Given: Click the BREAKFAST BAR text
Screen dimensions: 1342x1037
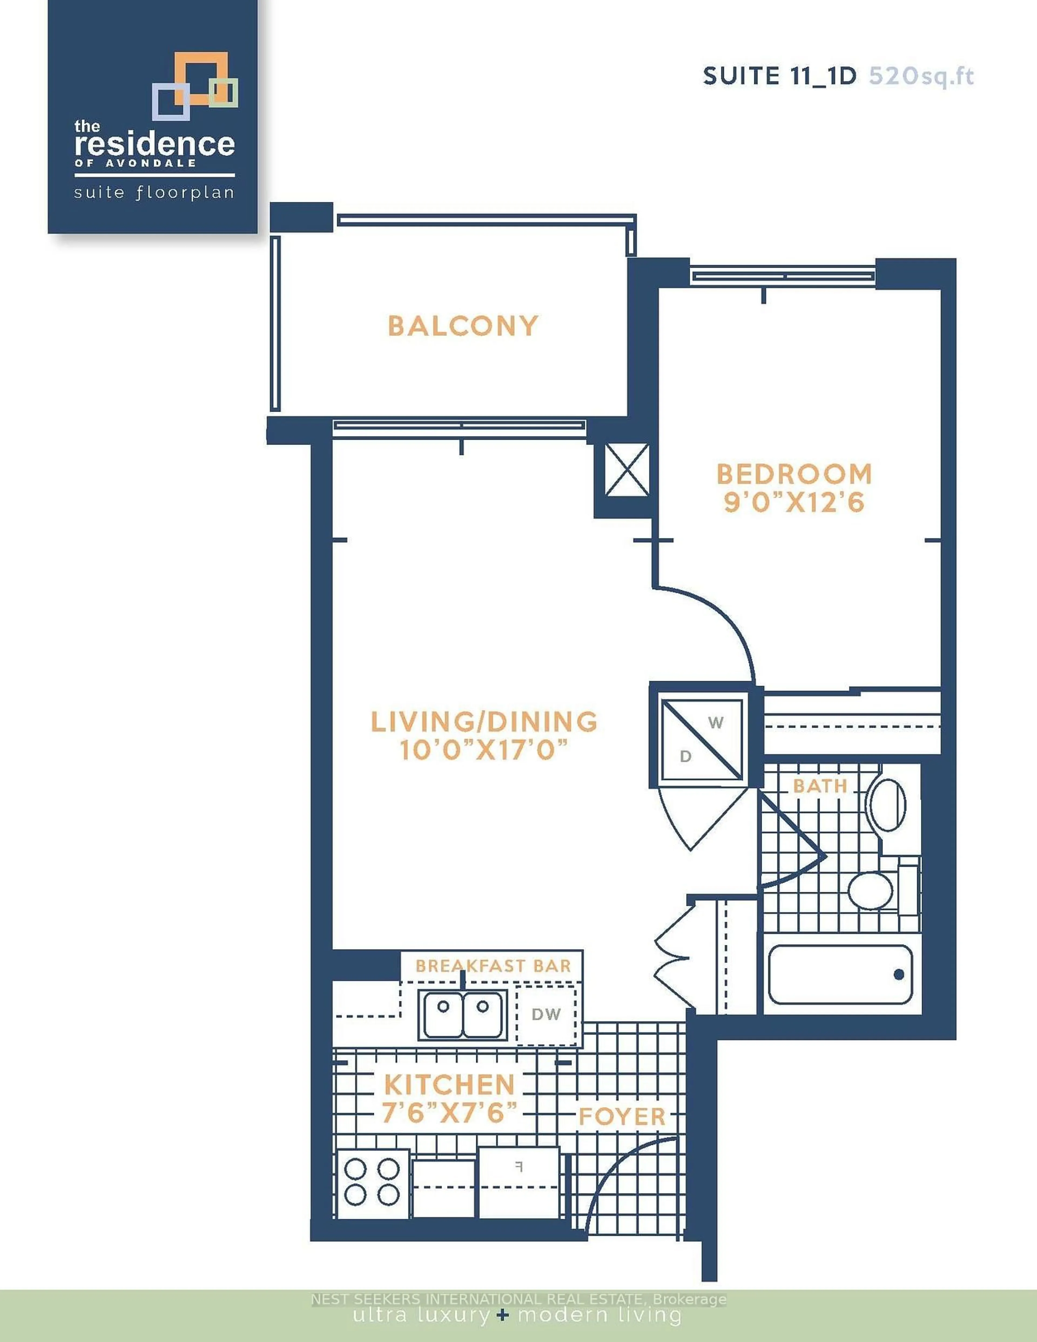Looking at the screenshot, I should click(493, 965).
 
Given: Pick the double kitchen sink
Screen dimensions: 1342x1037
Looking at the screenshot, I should click(463, 1015).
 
